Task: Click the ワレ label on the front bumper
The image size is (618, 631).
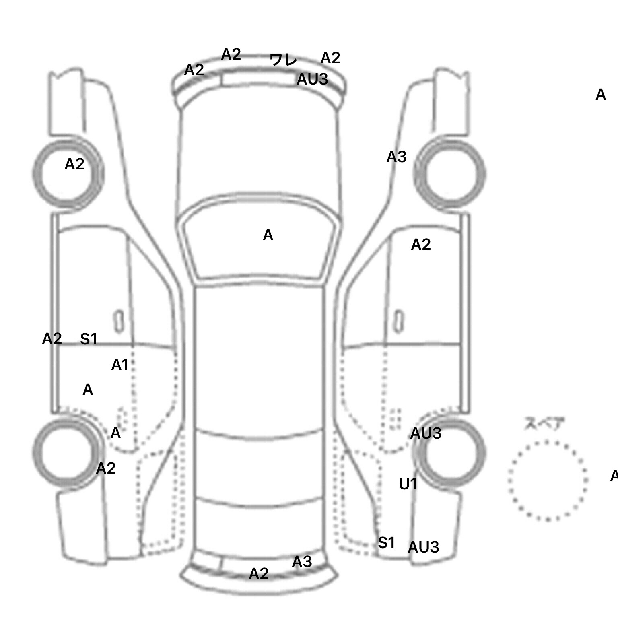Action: point(283,60)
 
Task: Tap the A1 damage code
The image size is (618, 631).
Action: point(119,365)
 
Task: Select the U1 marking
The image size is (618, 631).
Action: point(408,484)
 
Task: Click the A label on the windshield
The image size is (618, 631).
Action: point(268,235)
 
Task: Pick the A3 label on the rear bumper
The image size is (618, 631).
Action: point(302,561)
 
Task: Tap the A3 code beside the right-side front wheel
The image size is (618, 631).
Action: point(396,157)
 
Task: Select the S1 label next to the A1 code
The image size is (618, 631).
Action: point(89,339)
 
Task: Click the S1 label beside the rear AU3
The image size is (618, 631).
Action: point(386,543)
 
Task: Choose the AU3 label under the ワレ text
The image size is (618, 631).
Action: point(312,79)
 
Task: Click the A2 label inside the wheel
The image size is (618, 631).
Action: point(74,164)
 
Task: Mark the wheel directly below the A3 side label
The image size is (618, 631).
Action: point(449,174)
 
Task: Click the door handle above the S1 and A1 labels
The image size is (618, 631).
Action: point(118,321)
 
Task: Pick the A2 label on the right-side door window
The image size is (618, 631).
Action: point(421,244)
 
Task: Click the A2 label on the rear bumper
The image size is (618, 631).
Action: point(259,573)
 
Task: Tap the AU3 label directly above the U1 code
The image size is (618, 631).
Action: point(426,433)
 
